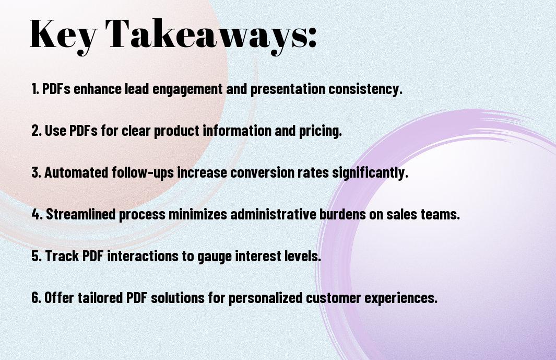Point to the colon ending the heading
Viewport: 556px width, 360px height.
(x=312, y=38)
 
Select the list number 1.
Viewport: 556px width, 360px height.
(x=34, y=89)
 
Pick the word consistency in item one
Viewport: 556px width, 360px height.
(x=365, y=89)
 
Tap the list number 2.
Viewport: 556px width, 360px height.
(x=36, y=131)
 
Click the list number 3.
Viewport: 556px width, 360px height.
(x=36, y=172)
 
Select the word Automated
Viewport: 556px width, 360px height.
(x=76, y=172)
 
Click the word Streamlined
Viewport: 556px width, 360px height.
(x=81, y=214)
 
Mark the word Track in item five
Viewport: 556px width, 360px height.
(x=62, y=256)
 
